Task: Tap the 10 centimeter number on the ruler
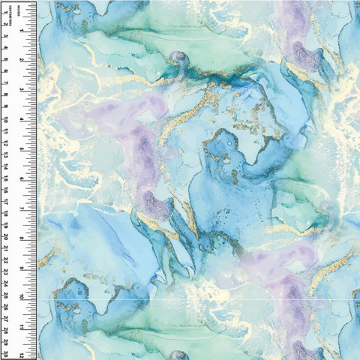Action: [x=5, y=120]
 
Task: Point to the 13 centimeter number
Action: [x=5, y=155]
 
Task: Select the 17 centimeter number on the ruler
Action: [x=5, y=202]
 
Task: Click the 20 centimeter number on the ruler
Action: [x=5, y=238]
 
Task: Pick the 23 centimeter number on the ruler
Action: [x=5, y=273]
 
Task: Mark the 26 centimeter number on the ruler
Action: [x=5, y=308]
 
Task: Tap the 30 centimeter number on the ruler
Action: [x=5, y=354]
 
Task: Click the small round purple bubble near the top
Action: [x=178, y=55]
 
